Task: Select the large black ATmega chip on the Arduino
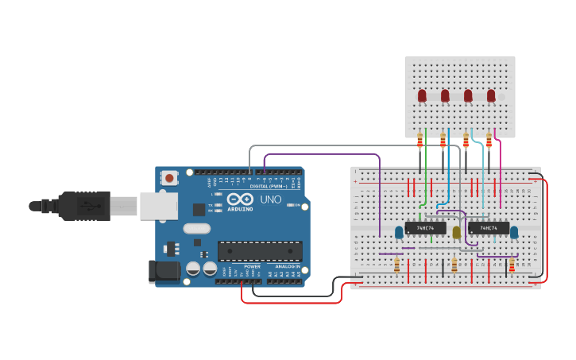(x=260, y=251)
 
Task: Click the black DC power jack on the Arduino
(x=164, y=272)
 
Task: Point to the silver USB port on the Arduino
(x=158, y=205)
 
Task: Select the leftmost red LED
(x=422, y=96)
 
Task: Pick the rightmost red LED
(x=491, y=96)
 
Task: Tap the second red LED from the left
(x=445, y=96)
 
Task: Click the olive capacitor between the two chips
(x=456, y=232)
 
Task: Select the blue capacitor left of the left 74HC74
(x=398, y=232)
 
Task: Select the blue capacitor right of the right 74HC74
(x=514, y=232)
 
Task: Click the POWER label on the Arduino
(x=252, y=265)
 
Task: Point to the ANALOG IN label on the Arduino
(x=288, y=265)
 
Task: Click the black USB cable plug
(x=79, y=206)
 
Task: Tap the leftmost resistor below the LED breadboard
(x=419, y=141)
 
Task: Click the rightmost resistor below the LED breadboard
(x=489, y=141)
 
